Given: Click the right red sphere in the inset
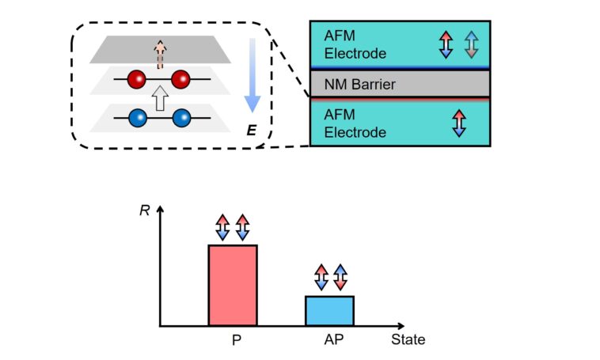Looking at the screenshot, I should coord(181,79).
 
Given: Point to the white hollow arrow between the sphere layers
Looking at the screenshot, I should coord(160,99).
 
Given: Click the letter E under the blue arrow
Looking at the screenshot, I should coord(251,128).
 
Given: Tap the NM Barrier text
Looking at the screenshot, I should coord(359,83).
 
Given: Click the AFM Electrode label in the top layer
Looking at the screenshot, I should coord(351,44).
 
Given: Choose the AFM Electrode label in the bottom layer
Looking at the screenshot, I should coord(351,124).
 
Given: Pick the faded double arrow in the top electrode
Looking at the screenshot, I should coord(471,44).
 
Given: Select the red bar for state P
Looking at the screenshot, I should coord(232,285).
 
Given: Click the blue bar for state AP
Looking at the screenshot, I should coord(330,310).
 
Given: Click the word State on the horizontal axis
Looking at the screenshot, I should coord(408,340).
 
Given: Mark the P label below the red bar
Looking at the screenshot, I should coord(236,341).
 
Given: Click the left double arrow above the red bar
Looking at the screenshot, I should coord(223,227).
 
